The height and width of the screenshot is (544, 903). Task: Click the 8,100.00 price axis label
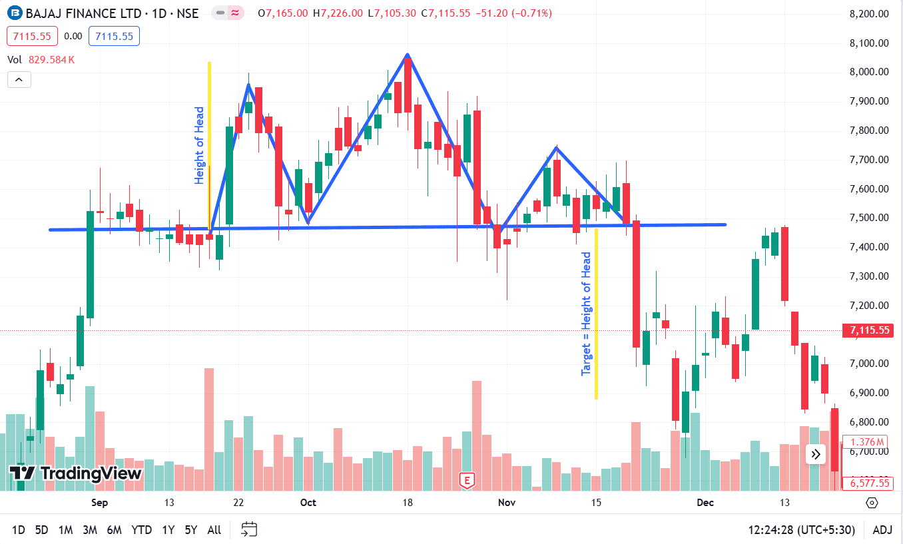pyautogui.click(x=870, y=43)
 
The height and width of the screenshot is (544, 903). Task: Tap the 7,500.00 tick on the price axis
pyautogui.click(x=870, y=218)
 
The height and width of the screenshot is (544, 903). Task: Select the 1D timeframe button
pyautogui.click(x=19, y=530)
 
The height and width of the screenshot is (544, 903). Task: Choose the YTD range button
pyautogui.click(x=141, y=530)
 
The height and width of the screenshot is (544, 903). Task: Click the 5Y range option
pyautogui.click(x=191, y=530)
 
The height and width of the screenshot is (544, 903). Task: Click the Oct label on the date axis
pyautogui.click(x=308, y=503)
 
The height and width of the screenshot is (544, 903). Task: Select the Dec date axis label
pyautogui.click(x=705, y=503)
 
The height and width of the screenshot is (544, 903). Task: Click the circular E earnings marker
pyautogui.click(x=467, y=480)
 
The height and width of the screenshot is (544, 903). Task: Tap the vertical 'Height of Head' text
pyautogui.click(x=199, y=145)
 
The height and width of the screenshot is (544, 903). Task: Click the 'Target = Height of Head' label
pyautogui.click(x=586, y=313)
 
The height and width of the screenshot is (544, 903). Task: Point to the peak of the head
pyautogui.click(x=407, y=55)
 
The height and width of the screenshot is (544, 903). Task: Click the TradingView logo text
pyautogui.click(x=76, y=473)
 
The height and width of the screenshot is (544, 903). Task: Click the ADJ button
pyautogui.click(x=882, y=530)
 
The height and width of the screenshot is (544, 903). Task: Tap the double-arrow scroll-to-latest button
pyautogui.click(x=815, y=454)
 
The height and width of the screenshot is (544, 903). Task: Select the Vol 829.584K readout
pyautogui.click(x=41, y=60)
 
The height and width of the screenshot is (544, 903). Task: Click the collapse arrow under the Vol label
pyautogui.click(x=19, y=80)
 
